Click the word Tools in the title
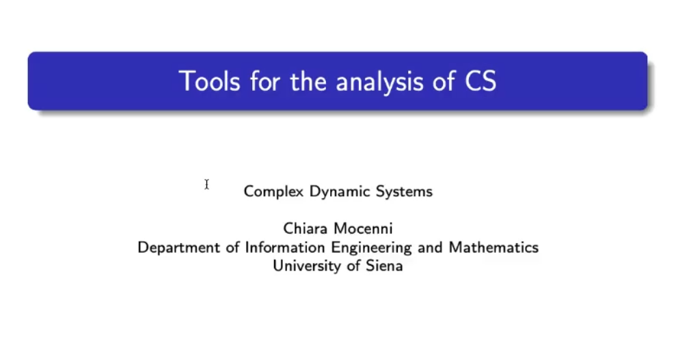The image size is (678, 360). (x=209, y=81)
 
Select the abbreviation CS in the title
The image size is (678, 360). (x=480, y=81)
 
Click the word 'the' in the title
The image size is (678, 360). (x=308, y=81)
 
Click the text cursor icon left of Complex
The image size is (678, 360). (x=206, y=184)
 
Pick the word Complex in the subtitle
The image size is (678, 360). (x=273, y=191)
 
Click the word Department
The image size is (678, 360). (x=178, y=248)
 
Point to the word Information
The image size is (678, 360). (x=284, y=247)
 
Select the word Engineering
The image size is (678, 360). (x=371, y=248)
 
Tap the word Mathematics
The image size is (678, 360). (x=493, y=247)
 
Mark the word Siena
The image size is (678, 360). (x=384, y=265)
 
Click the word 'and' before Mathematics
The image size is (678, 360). (x=430, y=247)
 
